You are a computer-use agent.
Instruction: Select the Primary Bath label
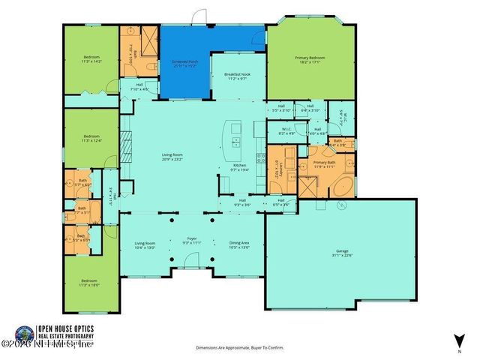pyautogui.click(x=325, y=164)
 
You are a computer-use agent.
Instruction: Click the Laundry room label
pyautogui.click(x=276, y=168)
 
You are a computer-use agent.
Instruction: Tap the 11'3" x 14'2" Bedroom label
pyautogui.click(x=91, y=59)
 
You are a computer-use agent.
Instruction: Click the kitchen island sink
pyautogui.click(x=235, y=140)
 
